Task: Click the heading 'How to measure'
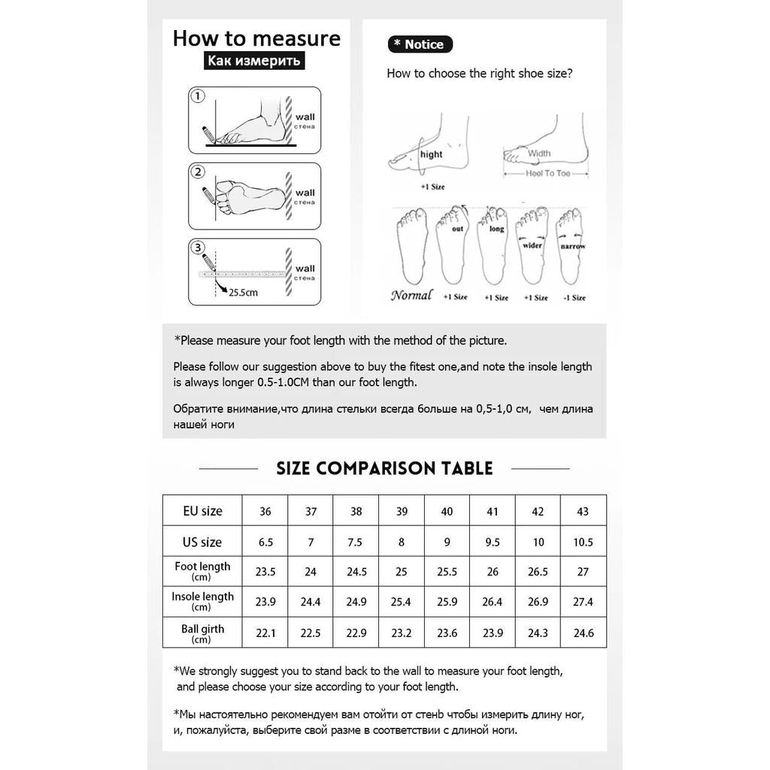(x=256, y=38)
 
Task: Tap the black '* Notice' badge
(x=420, y=44)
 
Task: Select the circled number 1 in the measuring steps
(x=198, y=95)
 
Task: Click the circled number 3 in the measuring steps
(x=198, y=247)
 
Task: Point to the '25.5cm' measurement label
(x=243, y=293)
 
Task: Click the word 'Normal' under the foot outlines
(x=411, y=295)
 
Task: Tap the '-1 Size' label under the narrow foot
(x=574, y=298)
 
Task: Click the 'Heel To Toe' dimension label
(x=548, y=174)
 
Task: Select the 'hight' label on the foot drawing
(x=431, y=154)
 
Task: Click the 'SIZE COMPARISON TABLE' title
(x=384, y=468)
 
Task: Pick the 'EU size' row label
(x=202, y=511)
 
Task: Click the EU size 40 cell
(x=447, y=511)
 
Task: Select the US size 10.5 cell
(x=583, y=542)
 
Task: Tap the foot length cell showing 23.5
(x=265, y=571)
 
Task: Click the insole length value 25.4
(x=401, y=602)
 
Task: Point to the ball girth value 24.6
(x=584, y=633)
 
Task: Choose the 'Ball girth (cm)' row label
(x=202, y=633)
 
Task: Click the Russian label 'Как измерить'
(x=254, y=60)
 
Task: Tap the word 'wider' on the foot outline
(x=532, y=245)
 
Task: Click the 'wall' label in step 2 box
(x=305, y=193)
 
